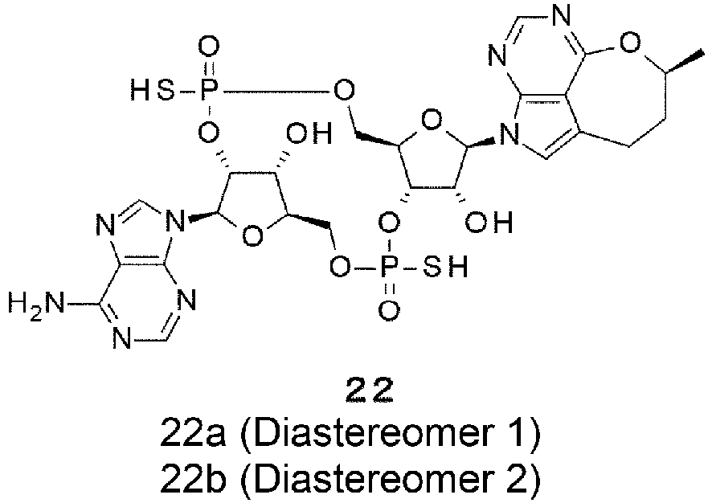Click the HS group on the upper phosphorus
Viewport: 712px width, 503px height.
(152, 92)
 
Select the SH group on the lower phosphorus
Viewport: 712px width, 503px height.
(445, 267)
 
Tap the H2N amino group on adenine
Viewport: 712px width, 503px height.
(36, 303)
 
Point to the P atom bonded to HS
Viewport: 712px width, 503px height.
(207, 92)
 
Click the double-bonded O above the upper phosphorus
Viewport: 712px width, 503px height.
(208, 48)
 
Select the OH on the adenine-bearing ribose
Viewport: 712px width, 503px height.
(309, 134)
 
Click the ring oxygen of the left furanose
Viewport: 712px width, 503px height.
(252, 236)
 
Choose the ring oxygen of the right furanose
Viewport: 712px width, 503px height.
(432, 121)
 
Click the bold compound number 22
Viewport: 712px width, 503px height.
(369, 391)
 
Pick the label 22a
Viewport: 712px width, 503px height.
(193, 435)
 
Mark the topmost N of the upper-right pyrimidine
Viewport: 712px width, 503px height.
(562, 17)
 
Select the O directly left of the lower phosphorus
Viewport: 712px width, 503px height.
(340, 267)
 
